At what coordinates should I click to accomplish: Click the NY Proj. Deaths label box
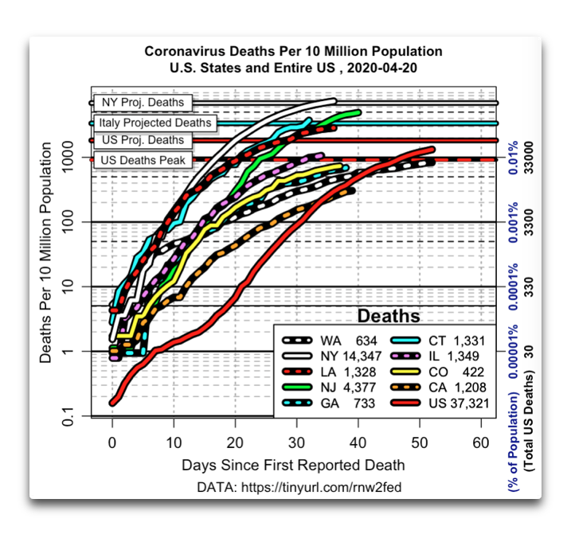coord(143,103)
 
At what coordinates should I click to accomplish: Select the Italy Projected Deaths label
coord(155,123)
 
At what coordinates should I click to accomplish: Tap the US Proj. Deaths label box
coord(143,140)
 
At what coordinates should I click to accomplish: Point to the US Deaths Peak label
coord(143,160)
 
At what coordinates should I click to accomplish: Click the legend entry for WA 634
coord(330,341)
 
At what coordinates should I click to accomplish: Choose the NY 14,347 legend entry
coord(332,356)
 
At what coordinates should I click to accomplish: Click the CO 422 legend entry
coord(438,372)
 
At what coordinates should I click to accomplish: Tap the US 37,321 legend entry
coord(440,403)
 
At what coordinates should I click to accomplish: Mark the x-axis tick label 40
coord(358,443)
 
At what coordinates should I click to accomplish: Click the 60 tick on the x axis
coord(481,443)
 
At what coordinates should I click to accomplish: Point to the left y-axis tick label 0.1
coord(68,416)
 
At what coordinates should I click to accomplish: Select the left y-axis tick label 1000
coord(68,158)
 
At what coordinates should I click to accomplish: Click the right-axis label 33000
coord(529,158)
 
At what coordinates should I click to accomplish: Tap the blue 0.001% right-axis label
coord(513,222)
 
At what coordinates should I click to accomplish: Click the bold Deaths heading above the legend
coord(389,316)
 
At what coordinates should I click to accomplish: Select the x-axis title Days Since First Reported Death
coord(293,466)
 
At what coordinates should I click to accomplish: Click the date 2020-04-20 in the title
coord(382,68)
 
